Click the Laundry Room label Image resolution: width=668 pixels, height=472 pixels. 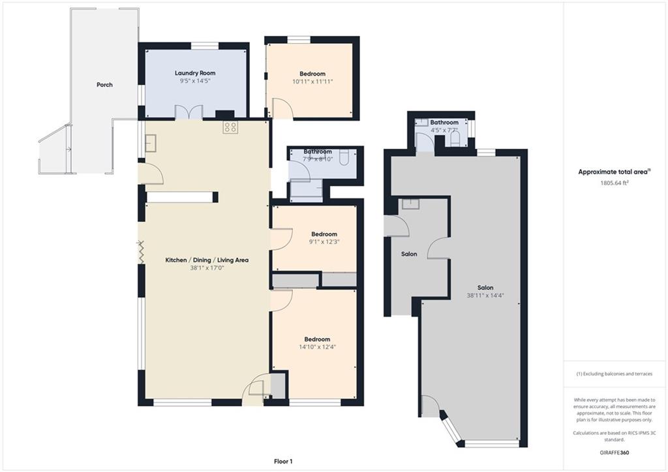pos(195,73)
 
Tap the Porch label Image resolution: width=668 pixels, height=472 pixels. pos(104,85)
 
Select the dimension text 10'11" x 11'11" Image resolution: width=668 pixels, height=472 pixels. pos(312,82)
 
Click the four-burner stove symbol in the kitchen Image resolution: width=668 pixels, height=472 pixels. pos(230,127)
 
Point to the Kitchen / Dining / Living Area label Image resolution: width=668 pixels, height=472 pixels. pos(207,260)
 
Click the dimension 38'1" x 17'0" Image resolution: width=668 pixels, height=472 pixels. pos(207,268)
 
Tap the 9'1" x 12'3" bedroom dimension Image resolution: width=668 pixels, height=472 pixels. pos(324,242)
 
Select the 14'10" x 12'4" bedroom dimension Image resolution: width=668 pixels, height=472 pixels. pos(318,347)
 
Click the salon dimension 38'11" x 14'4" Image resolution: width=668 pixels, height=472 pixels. pos(485,295)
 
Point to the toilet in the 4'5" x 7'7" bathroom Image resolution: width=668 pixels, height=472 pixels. pos(455,138)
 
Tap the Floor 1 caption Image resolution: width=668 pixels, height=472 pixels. pos(283,462)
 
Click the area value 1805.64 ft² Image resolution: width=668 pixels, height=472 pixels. pos(615,183)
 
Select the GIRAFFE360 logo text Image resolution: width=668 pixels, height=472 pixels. pos(613,452)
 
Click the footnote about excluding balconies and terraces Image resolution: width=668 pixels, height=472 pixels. pos(615,374)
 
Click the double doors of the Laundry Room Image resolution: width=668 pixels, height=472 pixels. pos(189,112)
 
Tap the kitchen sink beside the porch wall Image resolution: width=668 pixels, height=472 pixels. pos(151,143)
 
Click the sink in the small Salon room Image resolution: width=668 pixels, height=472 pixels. pos(411,204)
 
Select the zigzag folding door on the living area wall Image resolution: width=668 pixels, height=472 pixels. pos(141,251)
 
